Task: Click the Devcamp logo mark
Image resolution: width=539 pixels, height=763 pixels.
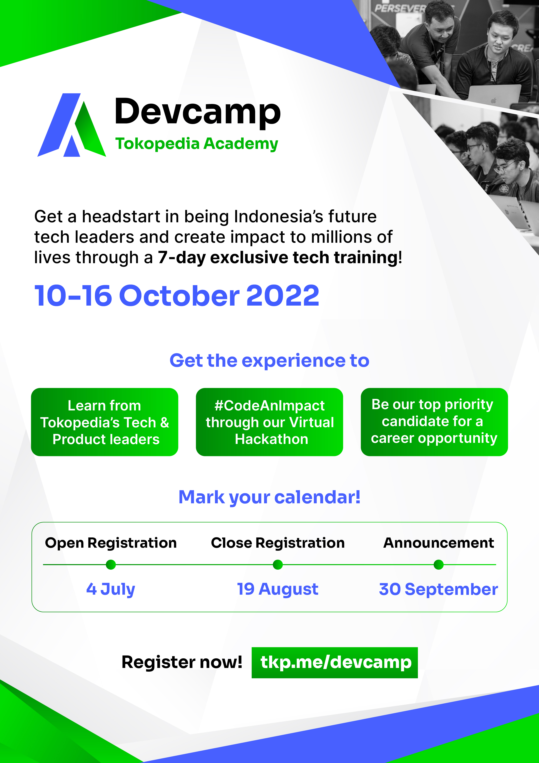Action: pos(72,125)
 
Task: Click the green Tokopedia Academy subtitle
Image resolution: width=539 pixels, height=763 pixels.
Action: pos(197,144)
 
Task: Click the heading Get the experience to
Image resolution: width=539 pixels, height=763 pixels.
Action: pos(269,361)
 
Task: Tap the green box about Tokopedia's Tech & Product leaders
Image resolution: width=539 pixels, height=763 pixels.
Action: pos(105,422)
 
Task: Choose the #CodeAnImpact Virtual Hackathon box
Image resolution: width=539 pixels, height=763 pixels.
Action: pos(269,422)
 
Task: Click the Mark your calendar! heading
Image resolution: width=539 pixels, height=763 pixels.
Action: pos(269,497)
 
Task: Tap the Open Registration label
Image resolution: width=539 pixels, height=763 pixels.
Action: pos(111,543)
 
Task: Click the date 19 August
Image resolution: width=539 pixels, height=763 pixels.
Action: pos(278,589)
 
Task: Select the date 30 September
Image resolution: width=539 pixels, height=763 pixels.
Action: pos(438,589)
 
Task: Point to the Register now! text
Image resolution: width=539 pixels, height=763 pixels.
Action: pos(182,662)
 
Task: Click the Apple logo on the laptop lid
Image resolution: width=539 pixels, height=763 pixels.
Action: pos(494,100)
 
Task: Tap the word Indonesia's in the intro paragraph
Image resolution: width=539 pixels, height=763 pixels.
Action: pos(278,217)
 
